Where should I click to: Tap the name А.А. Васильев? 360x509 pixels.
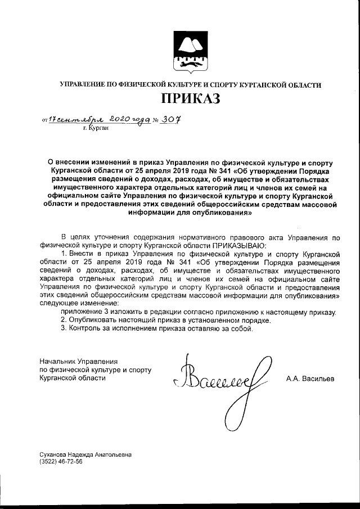click(x=309, y=379)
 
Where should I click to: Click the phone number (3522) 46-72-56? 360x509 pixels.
click(x=58, y=461)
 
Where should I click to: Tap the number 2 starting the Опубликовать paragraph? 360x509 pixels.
click(x=63, y=320)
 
